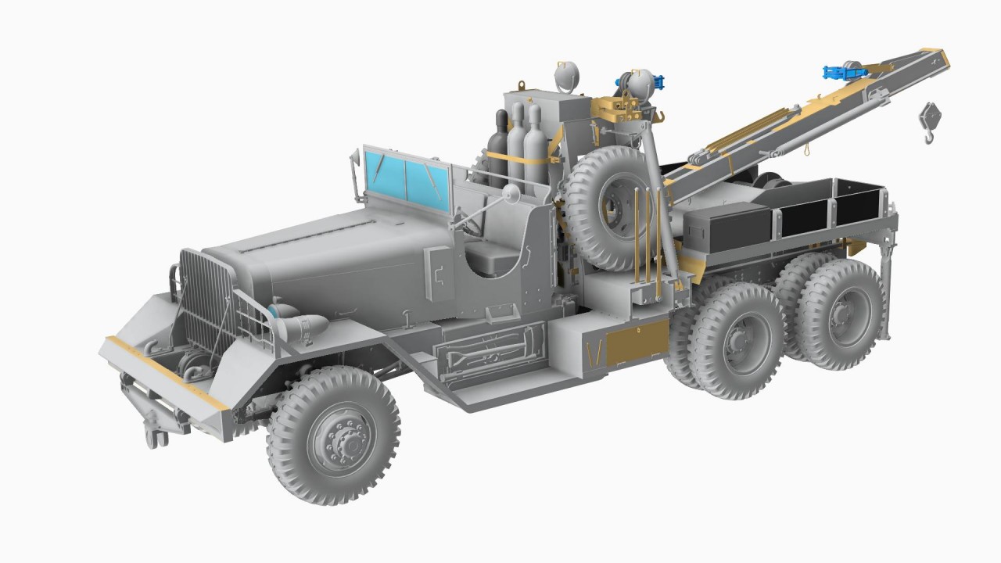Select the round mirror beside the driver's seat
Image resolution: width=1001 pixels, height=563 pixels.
pyautogui.click(x=511, y=192)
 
